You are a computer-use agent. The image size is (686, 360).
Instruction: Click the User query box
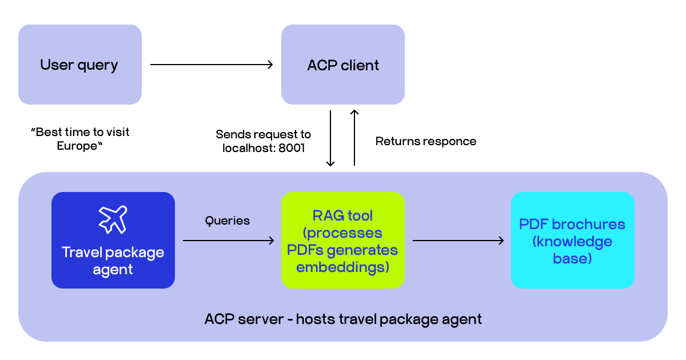click(x=79, y=65)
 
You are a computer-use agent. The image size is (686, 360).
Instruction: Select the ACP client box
click(x=343, y=65)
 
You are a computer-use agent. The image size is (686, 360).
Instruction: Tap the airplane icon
click(x=113, y=219)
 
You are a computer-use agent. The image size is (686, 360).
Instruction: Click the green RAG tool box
click(x=343, y=240)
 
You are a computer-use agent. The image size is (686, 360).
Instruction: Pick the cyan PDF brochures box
click(x=572, y=240)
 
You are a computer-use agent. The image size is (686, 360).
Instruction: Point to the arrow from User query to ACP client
click(x=212, y=65)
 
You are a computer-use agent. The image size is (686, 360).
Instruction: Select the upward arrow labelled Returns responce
click(x=354, y=138)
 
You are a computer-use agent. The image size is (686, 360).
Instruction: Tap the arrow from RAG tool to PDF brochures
click(x=458, y=241)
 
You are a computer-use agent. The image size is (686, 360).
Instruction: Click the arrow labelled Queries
click(x=228, y=241)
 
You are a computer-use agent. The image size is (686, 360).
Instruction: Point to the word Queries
click(x=228, y=221)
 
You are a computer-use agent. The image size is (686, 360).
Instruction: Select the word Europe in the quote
click(x=78, y=146)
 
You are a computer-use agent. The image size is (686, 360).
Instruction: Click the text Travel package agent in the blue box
click(x=113, y=261)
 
